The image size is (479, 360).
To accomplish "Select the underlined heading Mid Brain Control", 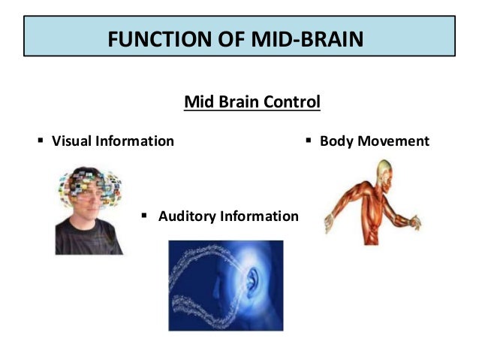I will tap(252, 101).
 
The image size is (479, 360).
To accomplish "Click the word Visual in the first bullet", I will tap(72, 141).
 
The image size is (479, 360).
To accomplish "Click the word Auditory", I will tap(186, 216).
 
